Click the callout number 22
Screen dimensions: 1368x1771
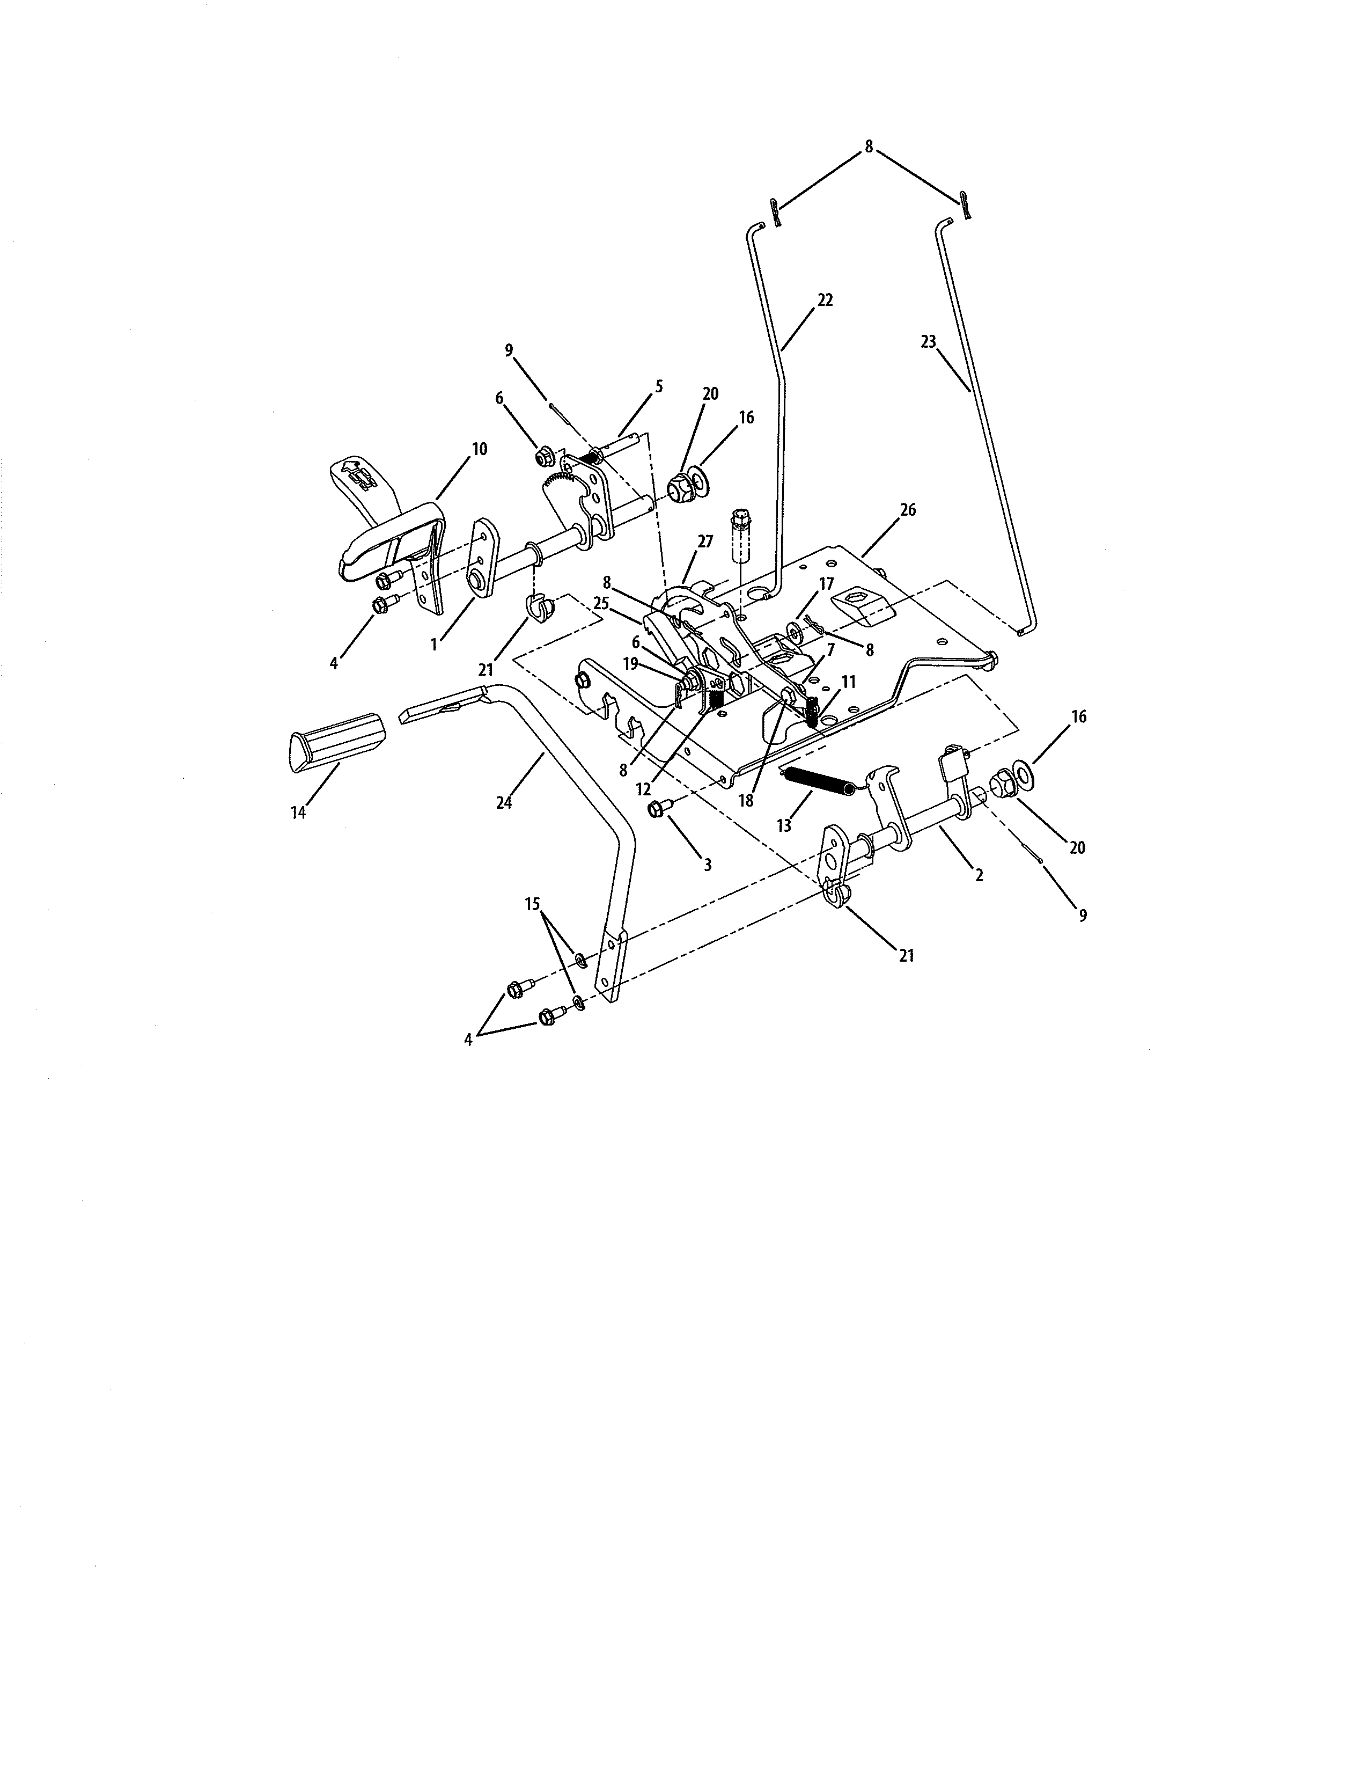pos(825,300)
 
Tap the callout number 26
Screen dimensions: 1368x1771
pos(908,510)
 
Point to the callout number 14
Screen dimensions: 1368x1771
pos(298,811)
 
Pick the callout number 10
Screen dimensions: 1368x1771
pos(479,449)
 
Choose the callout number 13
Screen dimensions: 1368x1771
pos(784,825)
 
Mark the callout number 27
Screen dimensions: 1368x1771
pos(705,541)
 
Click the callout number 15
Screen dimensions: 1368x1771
pos(533,904)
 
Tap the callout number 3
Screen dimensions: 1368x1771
pos(708,865)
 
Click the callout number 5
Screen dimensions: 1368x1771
pos(659,387)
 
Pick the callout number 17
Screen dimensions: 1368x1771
pos(826,584)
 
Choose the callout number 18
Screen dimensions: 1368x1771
pos(746,800)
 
